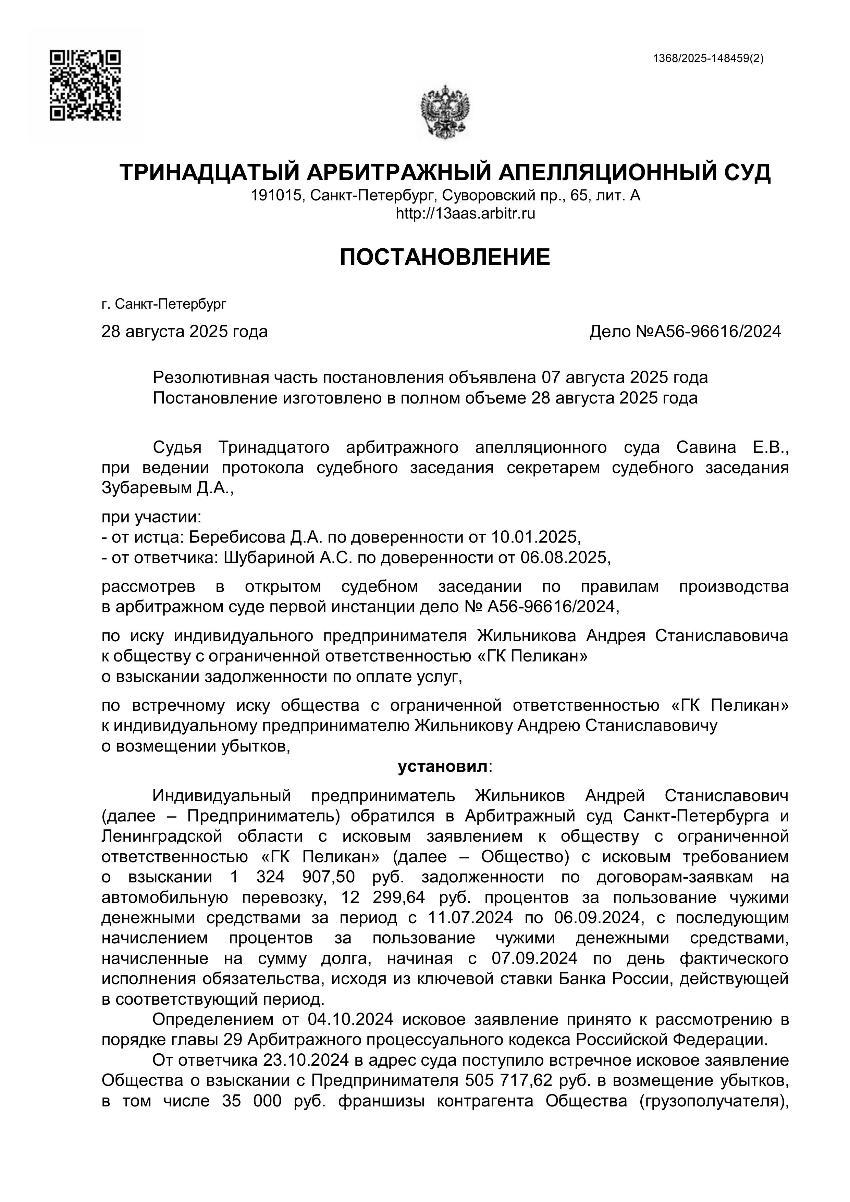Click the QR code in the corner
click(x=85, y=85)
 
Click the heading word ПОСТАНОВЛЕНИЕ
click(x=445, y=257)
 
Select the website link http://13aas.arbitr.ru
click(x=466, y=214)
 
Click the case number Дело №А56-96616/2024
click(x=685, y=331)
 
